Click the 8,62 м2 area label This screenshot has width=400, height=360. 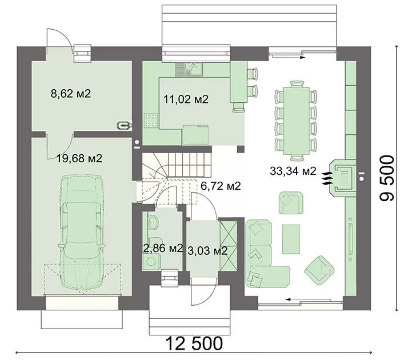pos(71,94)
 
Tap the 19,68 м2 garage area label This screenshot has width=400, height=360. pos(79,158)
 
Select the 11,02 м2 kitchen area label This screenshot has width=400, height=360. pos(186,99)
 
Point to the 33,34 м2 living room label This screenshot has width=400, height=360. pos(293,171)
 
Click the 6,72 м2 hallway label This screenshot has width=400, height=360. pos(221,186)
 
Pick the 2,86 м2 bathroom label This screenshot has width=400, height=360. pos(163,248)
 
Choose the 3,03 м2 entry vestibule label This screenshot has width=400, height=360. pos(207,251)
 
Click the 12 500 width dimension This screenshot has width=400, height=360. pos(194,343)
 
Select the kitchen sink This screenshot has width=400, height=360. pos(189,69)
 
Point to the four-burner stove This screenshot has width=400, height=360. pos(150,121)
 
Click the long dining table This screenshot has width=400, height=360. pos(296,121)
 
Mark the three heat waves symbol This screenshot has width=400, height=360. pos(327,178)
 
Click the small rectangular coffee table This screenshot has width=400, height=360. pos(291,239)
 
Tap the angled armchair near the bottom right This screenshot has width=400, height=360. pos(319,270)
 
